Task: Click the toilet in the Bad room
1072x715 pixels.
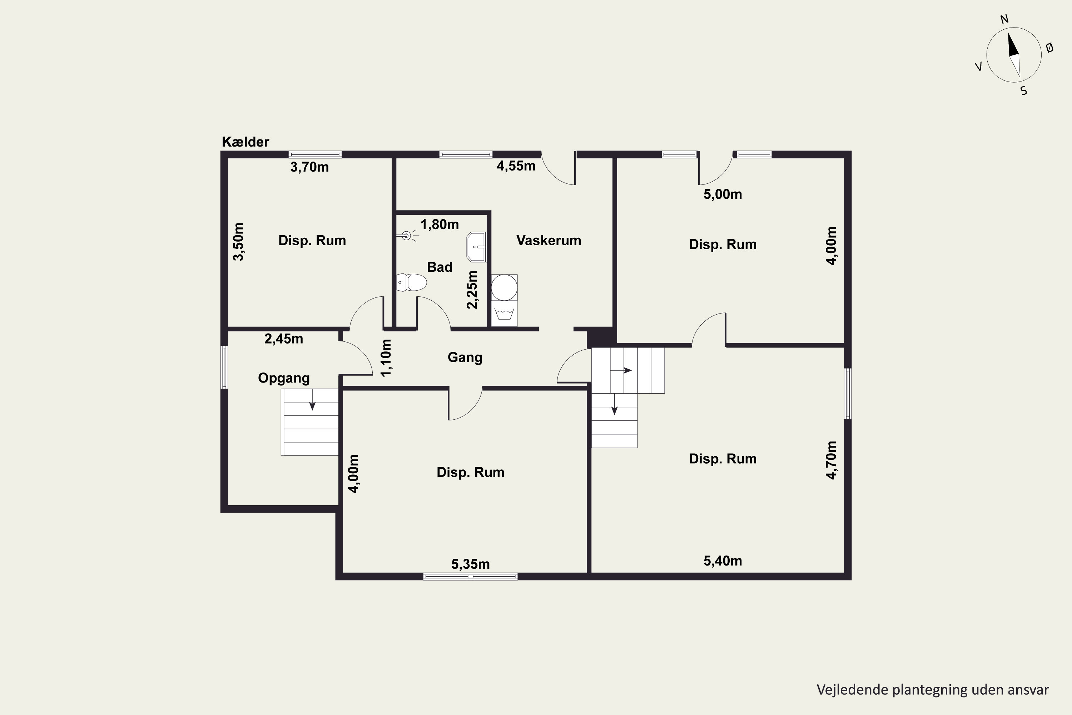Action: [412, 282]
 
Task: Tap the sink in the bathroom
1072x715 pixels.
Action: [476, 247]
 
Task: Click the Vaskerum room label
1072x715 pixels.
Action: [549, 240]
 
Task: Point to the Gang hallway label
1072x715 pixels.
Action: [465, 357]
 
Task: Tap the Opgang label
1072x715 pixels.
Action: [283, 378]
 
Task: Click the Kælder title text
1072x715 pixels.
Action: [245, 142]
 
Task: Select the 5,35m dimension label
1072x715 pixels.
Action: [470, 564]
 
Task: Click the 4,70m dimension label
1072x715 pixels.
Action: [832, 460]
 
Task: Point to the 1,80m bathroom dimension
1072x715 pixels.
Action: [440, 225]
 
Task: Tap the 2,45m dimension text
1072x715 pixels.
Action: [283, 339]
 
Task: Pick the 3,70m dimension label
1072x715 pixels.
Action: [309, 167]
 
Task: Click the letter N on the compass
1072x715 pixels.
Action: [1004, 19]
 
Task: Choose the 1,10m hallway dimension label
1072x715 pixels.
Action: [386, 358]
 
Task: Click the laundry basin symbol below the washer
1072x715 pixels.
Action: [504, 314]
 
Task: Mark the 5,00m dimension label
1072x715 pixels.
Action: [723, 194]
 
